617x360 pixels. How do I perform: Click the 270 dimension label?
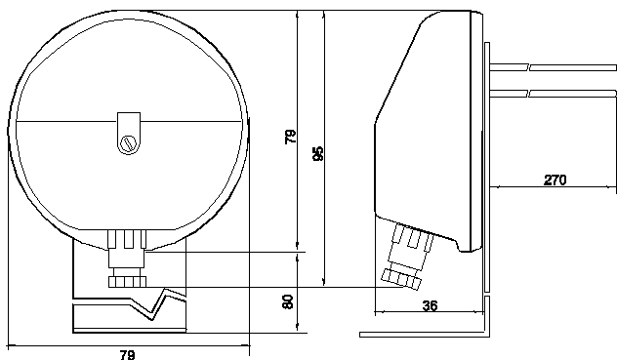point(555,180)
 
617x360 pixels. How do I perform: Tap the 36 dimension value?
point(430,305)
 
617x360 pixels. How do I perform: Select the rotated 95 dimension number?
point(318,153)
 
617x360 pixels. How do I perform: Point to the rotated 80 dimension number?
point(288,301)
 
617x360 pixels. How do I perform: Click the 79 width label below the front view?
point(127,355)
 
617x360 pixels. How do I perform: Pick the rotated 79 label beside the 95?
point(290,137)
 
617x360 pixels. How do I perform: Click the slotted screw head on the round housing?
point(129,143)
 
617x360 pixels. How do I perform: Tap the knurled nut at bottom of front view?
point(128,282)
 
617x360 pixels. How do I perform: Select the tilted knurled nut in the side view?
point(401,280)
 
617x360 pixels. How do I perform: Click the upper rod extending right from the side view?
point(553,67)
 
